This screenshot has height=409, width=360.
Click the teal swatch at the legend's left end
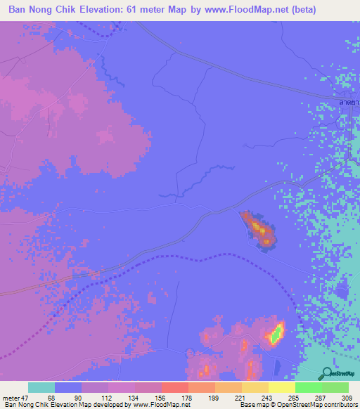pyautogui.click(x=41, y=387)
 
